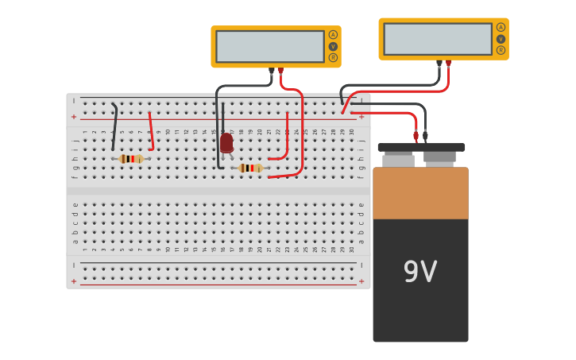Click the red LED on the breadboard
click(x=226, y=143)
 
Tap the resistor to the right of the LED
click(x=250, y=168)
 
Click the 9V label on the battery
click(x=420, y=273)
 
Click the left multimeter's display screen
click(x=269, y=46)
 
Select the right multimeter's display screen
click(x=437, y=39)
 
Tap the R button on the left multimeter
click(x=333, y=57)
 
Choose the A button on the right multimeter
click(x=501, y=27)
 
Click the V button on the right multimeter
click(x=501, y=39)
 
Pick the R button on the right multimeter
click(x=501, y=50)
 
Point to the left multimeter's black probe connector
click(x=271, y=72)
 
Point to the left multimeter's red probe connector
click(x=280, y=72)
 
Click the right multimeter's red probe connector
click(x=449, y=64)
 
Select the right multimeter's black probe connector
click(x=439, y=64)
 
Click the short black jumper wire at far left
click(x=115, y=127)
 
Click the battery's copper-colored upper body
click(x=420, y=193)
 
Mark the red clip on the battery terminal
click(x=416, y=136)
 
